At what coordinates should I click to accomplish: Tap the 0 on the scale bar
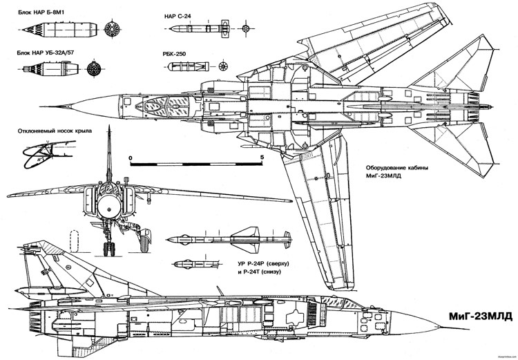(131, 158)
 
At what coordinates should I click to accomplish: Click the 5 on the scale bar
(260, 158)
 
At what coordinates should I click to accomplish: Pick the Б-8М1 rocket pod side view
(59, 29)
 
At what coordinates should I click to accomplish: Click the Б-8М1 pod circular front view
(110, 29)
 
